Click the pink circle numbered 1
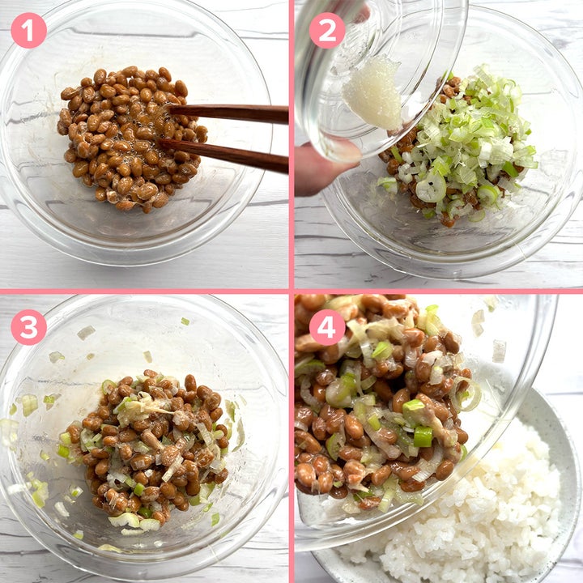pyautogui.click(x=28, y=31)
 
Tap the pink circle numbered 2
pyautogui.click(x=327, y=31)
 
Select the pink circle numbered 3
pyautogui.click(x=28, y=327)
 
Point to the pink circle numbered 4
pyautogui.click(x=327, y=327)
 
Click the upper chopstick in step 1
pyautogui.click(x=228, y=113)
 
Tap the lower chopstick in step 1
pyautogui.click(x=223, y=154)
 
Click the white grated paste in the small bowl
pyautogui.click(x=372, y=92)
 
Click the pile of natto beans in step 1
pyautogui.click(x=131, y=138)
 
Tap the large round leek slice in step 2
pyautogui.click(x=431, y=187)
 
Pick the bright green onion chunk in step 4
pyautogui.click(x=423, y=436)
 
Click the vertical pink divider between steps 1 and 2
pyautogui.click(x=291, y=144)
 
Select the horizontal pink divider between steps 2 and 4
pyautogui.click(x=439, y=291)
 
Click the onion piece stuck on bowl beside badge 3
pyautogui.click(x=86, y=332)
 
